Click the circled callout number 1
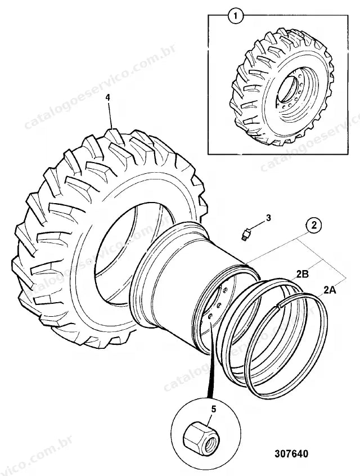[236, 15]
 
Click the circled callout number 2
[313, 225]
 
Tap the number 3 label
[268, 218]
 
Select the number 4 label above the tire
[108, 98]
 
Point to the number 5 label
[213, 409]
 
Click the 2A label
[330, 290]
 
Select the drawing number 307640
[291, 453]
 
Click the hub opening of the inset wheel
[288, 89]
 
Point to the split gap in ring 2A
[278, 306]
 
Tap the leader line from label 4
[110, 115]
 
